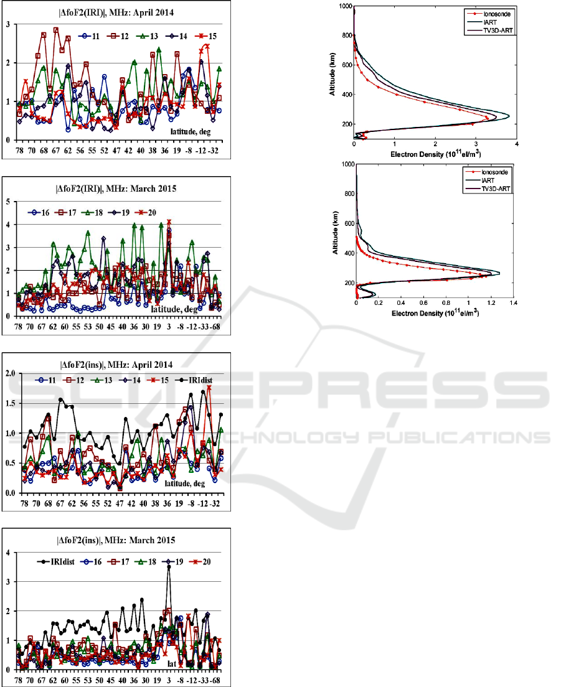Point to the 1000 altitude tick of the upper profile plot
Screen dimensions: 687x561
pyautogui.click(x=343, y=6)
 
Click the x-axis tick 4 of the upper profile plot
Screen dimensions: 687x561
pyautogui.click(x=517, y=144)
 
